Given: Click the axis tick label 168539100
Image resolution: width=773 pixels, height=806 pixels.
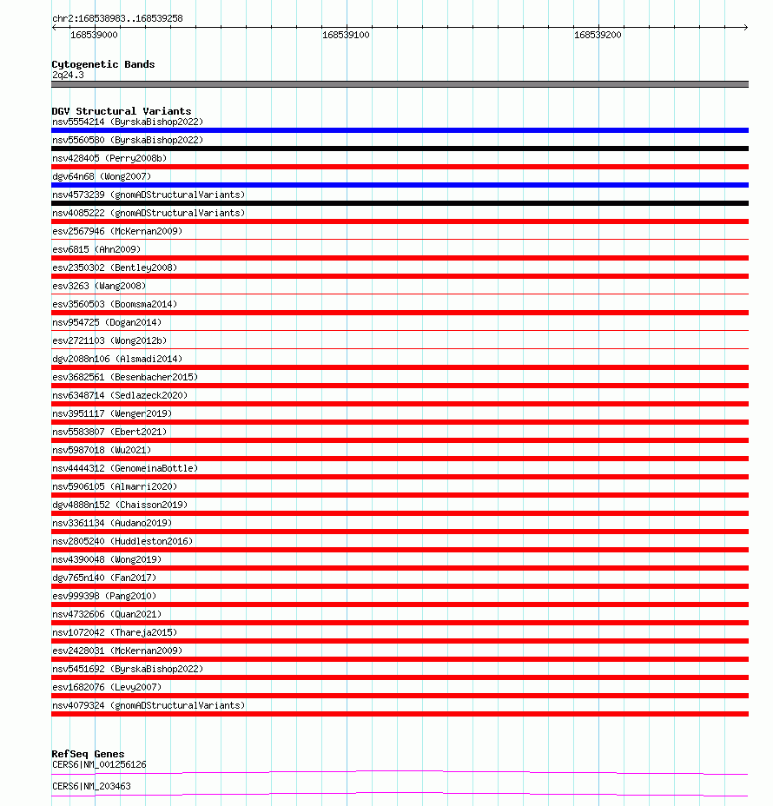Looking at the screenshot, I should (x=346, y=36).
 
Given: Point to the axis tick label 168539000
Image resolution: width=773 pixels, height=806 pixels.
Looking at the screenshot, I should (x=94, y=36).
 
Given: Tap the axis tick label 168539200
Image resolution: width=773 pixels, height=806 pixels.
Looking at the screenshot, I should (x=598, y=36).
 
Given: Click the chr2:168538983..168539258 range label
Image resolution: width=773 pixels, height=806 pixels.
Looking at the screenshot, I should (x=117, y=18).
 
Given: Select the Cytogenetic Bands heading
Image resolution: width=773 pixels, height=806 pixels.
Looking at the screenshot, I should (x=103, y=64).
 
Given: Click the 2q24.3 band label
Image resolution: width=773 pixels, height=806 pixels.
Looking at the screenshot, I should (x=68, y=75).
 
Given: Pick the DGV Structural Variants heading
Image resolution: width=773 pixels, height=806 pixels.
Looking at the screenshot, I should (x=122, y=111).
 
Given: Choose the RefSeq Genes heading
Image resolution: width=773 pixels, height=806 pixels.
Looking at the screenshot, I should (x=88, y=754).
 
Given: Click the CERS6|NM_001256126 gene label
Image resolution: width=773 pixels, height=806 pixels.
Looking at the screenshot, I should (x=99, y=764).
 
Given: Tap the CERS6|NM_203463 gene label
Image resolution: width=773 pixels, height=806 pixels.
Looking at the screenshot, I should (x=91, y=786).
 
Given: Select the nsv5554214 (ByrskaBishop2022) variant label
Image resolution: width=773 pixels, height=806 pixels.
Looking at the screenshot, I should (x=128, y=122).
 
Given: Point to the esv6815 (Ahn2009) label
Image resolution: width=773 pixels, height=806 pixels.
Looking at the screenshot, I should (x=96, y=249).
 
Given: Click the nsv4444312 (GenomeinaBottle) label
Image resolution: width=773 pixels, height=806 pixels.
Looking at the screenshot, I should (x=125, y=468).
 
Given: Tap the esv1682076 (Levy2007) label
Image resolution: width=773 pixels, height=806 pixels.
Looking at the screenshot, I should (x=107, y=687).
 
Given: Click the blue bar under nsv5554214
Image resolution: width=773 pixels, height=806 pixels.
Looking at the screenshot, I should (x=400, y=130).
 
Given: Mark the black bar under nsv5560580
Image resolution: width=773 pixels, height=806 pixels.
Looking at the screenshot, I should (x=400, y=149).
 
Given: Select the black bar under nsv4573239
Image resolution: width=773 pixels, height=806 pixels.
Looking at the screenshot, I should (x=400, y=203).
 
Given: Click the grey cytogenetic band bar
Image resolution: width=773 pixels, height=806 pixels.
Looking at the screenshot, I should (x=400, y=84).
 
